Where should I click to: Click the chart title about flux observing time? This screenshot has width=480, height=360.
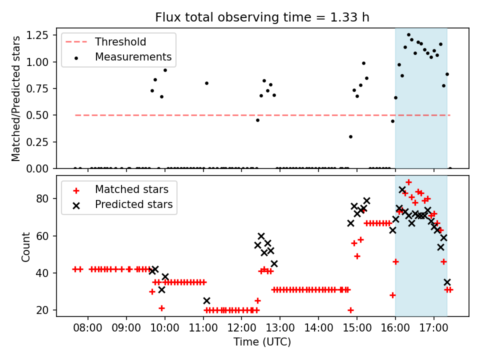(x=262, y=17)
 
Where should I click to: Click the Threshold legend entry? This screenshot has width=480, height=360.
(x=120, y=41)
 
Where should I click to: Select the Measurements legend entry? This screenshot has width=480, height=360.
(x=133, y=57)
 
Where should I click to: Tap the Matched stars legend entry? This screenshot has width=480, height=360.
(x=131, y=189)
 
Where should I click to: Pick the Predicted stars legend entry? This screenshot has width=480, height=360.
(x=133, y=204)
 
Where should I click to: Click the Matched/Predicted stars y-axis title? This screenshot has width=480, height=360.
(x=16, y=98)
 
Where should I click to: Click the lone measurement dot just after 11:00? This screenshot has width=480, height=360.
(x=206, y=83)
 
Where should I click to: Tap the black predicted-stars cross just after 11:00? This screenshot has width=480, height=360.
(x=206, y=300)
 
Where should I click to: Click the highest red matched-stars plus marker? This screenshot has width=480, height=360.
(x=408, y=182)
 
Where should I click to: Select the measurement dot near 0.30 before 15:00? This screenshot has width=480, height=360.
(x=350, y=136)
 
